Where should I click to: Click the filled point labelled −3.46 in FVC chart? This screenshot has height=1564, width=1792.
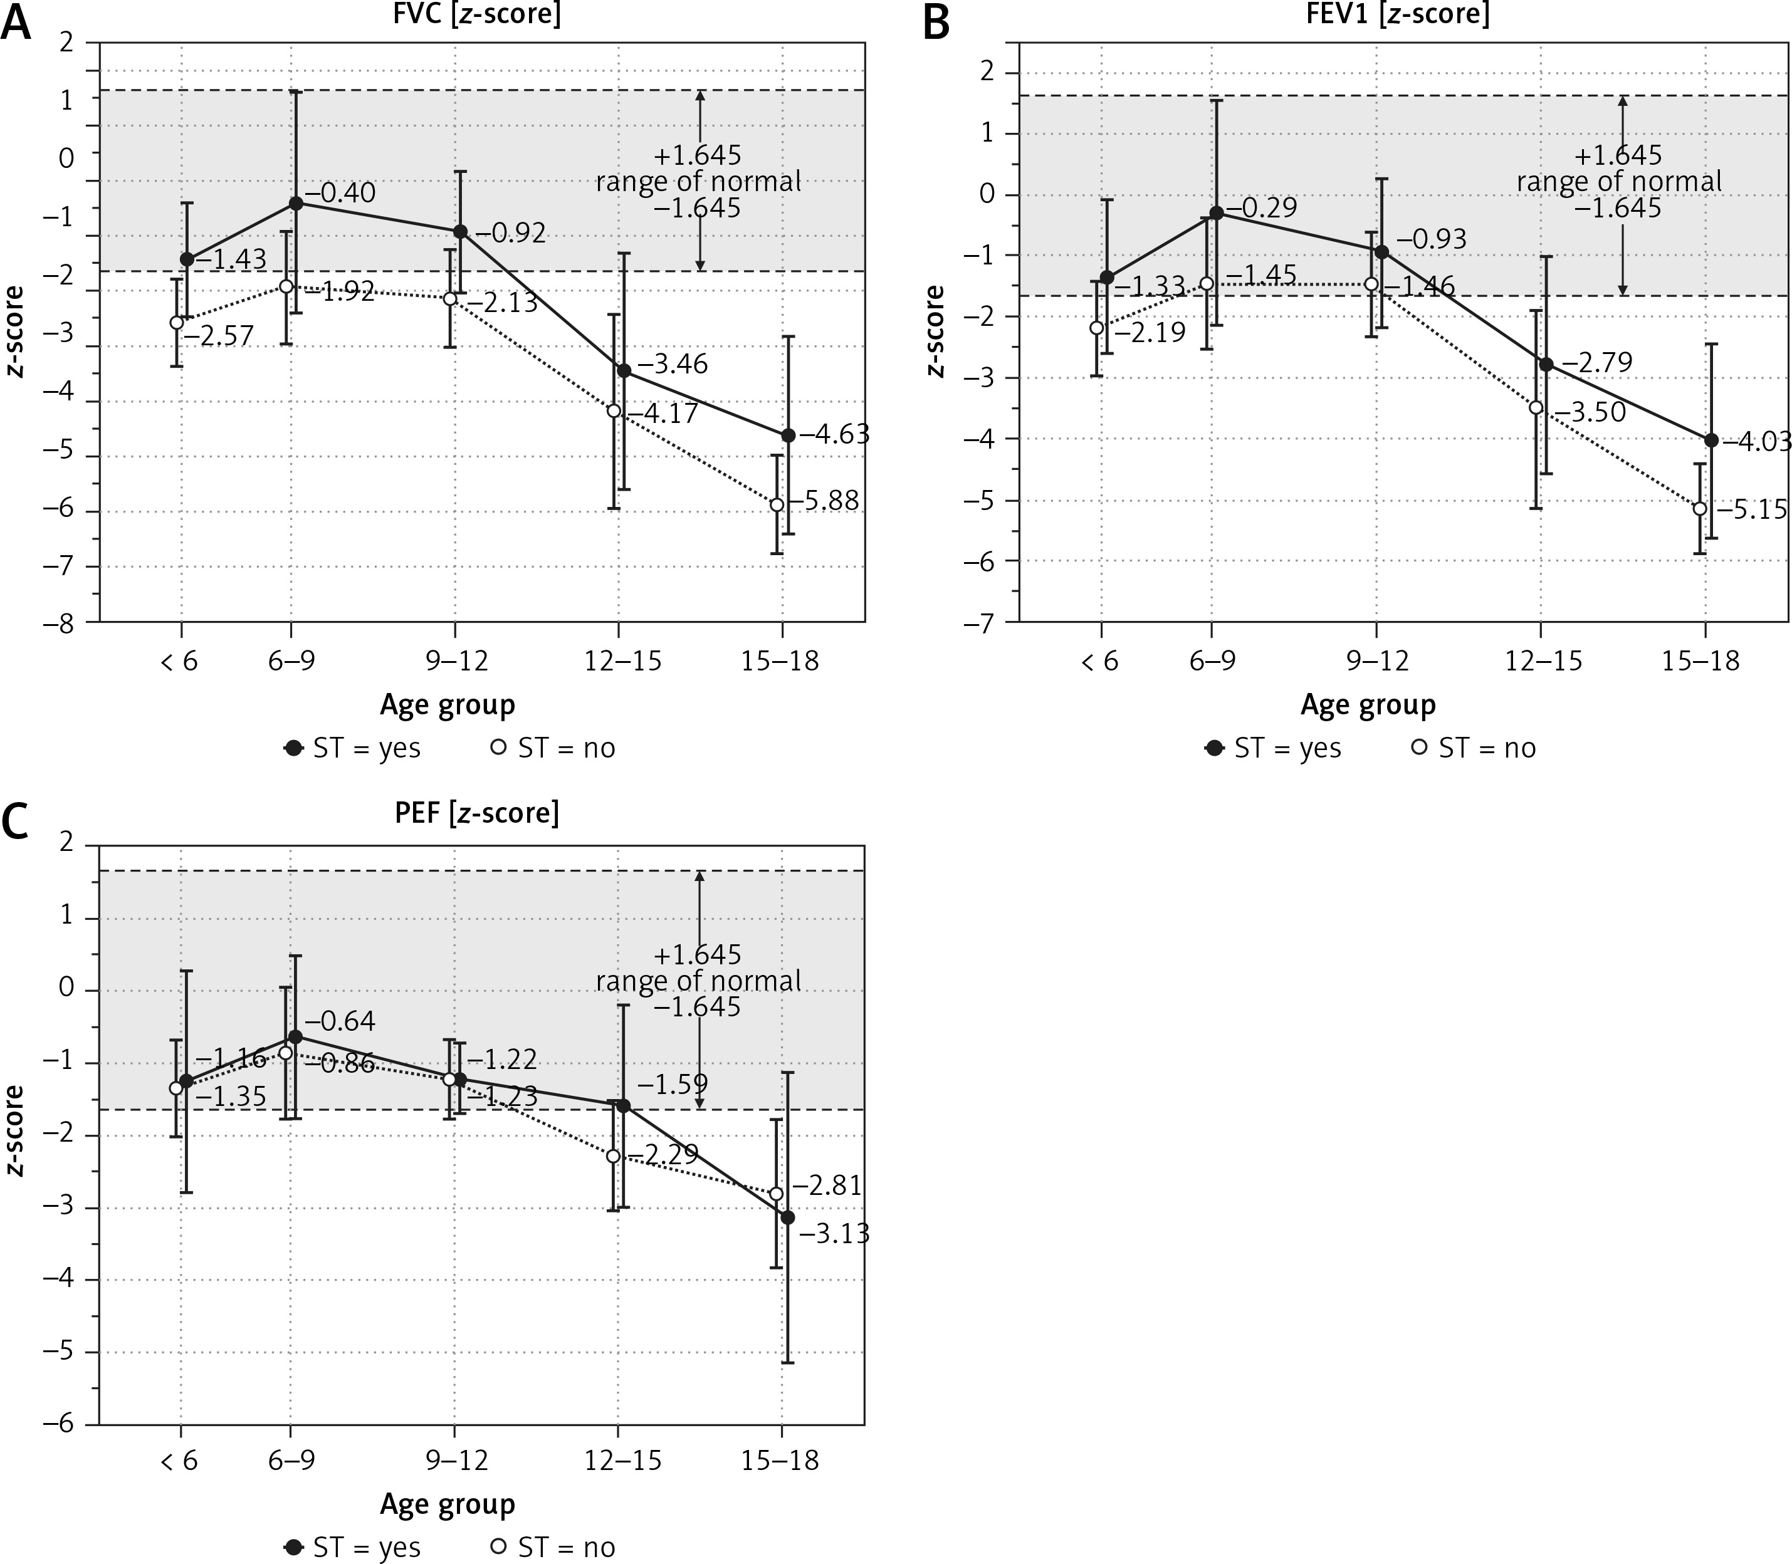[x=624, y=370]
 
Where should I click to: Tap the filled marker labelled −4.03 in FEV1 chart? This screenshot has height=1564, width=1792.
[x=1711, y=440]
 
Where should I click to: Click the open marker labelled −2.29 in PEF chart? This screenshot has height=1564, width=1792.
[x=614, y=1155]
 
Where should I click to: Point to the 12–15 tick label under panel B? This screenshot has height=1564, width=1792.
[x=1543, y=660]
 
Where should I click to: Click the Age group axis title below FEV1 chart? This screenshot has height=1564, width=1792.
[x=1368, y=704]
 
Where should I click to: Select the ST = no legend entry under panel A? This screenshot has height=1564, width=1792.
[x=555, y=748]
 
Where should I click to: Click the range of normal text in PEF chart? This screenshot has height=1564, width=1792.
[x=698, y=981]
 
